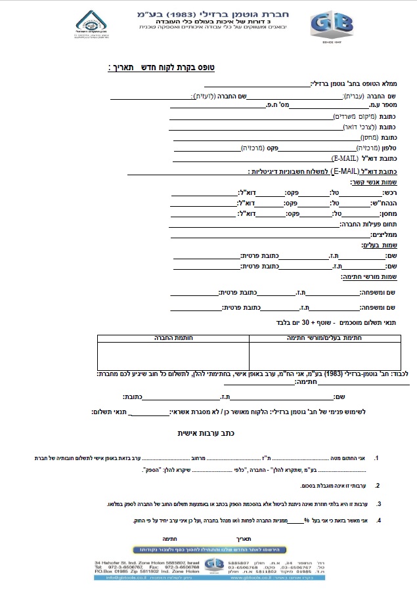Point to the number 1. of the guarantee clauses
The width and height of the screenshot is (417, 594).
pos(376,457)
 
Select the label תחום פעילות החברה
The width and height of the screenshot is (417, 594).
pos(368,224)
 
